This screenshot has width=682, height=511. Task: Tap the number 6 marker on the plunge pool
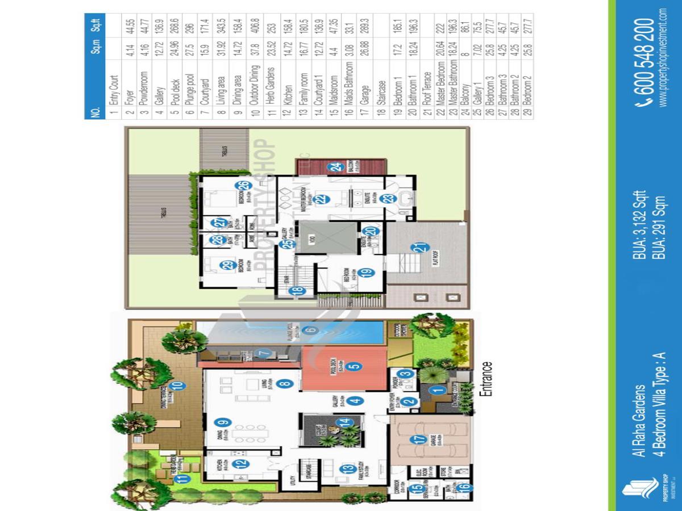pyautogui.click(x=310, y=330)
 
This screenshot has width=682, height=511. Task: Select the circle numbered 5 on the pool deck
pyautogui.click(x=354, y=367)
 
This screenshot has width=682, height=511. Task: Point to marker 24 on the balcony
pyautogui.click(x=337, y=167)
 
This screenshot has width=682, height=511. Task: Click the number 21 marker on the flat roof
pyautogui.click(x=421, y=248)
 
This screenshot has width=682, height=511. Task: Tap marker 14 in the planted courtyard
pyautogui.click(x=343, y=423)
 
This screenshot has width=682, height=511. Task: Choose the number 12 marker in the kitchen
pyautogui.click(x=242, y=463)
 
